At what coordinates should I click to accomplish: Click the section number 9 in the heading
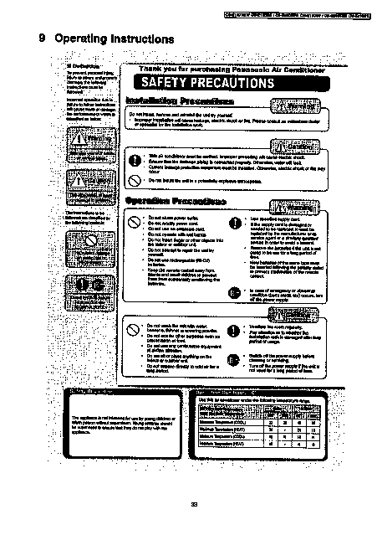click(x=42, y=38)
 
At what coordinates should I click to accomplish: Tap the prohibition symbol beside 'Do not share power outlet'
click(x=136, y=224)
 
